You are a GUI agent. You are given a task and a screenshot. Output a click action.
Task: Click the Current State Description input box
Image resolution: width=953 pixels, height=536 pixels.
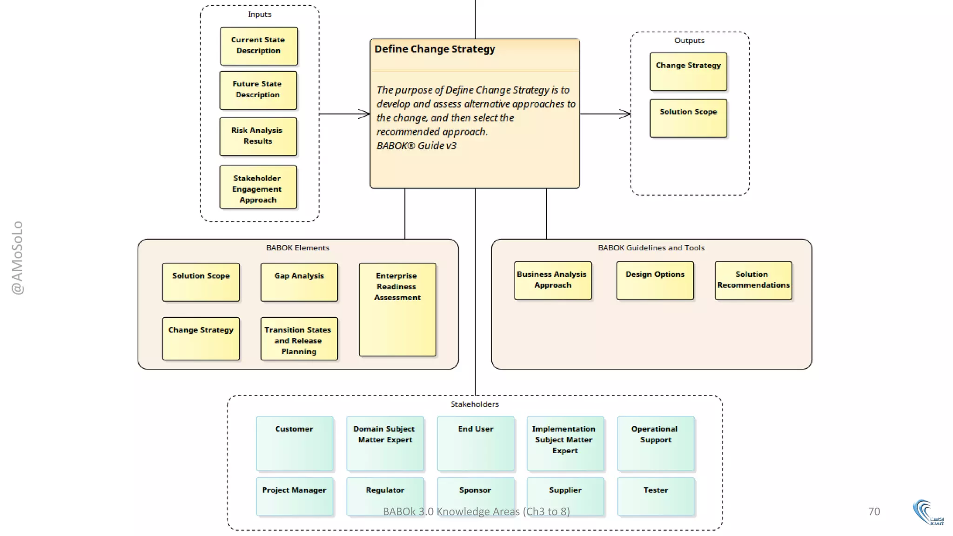point(259,46)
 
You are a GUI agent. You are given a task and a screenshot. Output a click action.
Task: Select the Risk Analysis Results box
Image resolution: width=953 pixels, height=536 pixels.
point(258,136)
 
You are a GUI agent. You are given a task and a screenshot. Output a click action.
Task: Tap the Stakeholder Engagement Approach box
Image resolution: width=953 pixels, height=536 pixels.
point(258,188)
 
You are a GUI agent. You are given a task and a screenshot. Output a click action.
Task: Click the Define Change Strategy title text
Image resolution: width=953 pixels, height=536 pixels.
point(435,49)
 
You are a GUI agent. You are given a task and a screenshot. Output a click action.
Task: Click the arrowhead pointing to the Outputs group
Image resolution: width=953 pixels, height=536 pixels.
point(625,114)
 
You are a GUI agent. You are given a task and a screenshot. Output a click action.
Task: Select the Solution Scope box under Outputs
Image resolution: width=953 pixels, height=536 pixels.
point(688,118)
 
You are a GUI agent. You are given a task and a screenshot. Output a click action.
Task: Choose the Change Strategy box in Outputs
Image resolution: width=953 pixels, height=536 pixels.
point(688,72)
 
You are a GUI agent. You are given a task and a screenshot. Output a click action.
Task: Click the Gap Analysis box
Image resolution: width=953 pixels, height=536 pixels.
point(299,282)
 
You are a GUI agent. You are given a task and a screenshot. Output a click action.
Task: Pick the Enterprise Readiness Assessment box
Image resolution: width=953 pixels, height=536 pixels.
point(397,309)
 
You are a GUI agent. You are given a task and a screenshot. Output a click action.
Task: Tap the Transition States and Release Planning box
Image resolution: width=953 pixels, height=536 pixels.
point(299,339)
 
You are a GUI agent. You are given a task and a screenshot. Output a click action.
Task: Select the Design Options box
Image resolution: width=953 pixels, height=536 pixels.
point(655,281)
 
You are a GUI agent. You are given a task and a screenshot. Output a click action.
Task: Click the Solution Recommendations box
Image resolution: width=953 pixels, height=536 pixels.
point(753,281)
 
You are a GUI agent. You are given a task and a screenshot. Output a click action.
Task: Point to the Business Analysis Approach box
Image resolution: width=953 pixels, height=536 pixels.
point(552,281)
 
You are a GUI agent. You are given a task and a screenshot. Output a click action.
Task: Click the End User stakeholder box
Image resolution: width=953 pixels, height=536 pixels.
point(475,443)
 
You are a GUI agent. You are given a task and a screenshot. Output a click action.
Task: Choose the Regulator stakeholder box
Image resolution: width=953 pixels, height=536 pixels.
point(385,496)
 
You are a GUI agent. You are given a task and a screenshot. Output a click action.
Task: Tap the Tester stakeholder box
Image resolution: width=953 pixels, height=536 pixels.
point(655,496)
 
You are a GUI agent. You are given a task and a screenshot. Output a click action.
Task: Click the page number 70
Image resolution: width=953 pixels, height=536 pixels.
point(874,511)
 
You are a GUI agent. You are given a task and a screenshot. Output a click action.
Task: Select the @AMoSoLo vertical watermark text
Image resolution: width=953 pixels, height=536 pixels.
point(17,257)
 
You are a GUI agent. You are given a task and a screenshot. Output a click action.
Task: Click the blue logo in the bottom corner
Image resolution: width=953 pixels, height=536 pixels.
point(927,512)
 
